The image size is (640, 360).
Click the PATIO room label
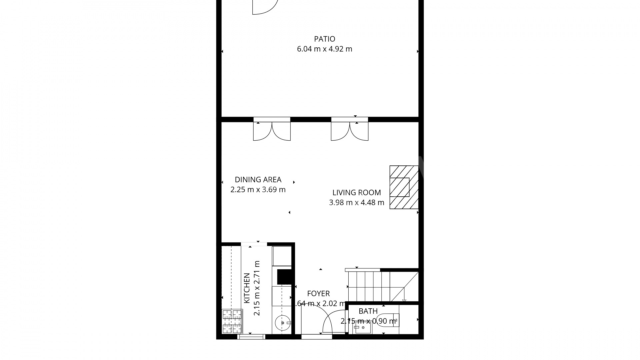(324, 39)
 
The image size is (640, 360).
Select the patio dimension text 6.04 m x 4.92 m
(324, 49)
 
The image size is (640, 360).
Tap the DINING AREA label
(258, 180)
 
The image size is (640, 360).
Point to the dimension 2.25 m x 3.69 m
(258, 190)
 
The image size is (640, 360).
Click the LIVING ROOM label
(356, 193)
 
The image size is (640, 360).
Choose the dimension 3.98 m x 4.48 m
(356, 202)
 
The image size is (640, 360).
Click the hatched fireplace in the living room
(404, 187)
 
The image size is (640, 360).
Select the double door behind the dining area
(272, 130)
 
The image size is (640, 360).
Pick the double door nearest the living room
(350, 130)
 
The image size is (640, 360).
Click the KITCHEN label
(247, 288)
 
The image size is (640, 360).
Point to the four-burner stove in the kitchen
(232, 321)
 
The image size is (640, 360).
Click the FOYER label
(318, 294)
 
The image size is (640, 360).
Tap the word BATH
(368, 311)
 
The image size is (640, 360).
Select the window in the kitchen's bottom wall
(251, 337)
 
